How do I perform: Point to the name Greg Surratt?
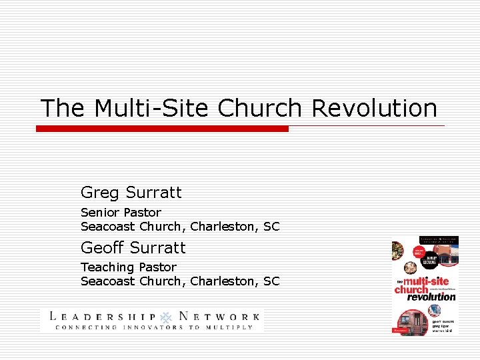tap(131, 193)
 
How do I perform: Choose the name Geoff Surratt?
tap(133, 248)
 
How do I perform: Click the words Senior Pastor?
tap(121, 213)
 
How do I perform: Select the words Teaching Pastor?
tap(128, 267)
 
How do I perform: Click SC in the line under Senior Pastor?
tap(271, 227)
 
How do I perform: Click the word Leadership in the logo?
tap(103, 317)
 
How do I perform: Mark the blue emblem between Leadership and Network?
tap(165, 317)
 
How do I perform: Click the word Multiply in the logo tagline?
tap(231, 327)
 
